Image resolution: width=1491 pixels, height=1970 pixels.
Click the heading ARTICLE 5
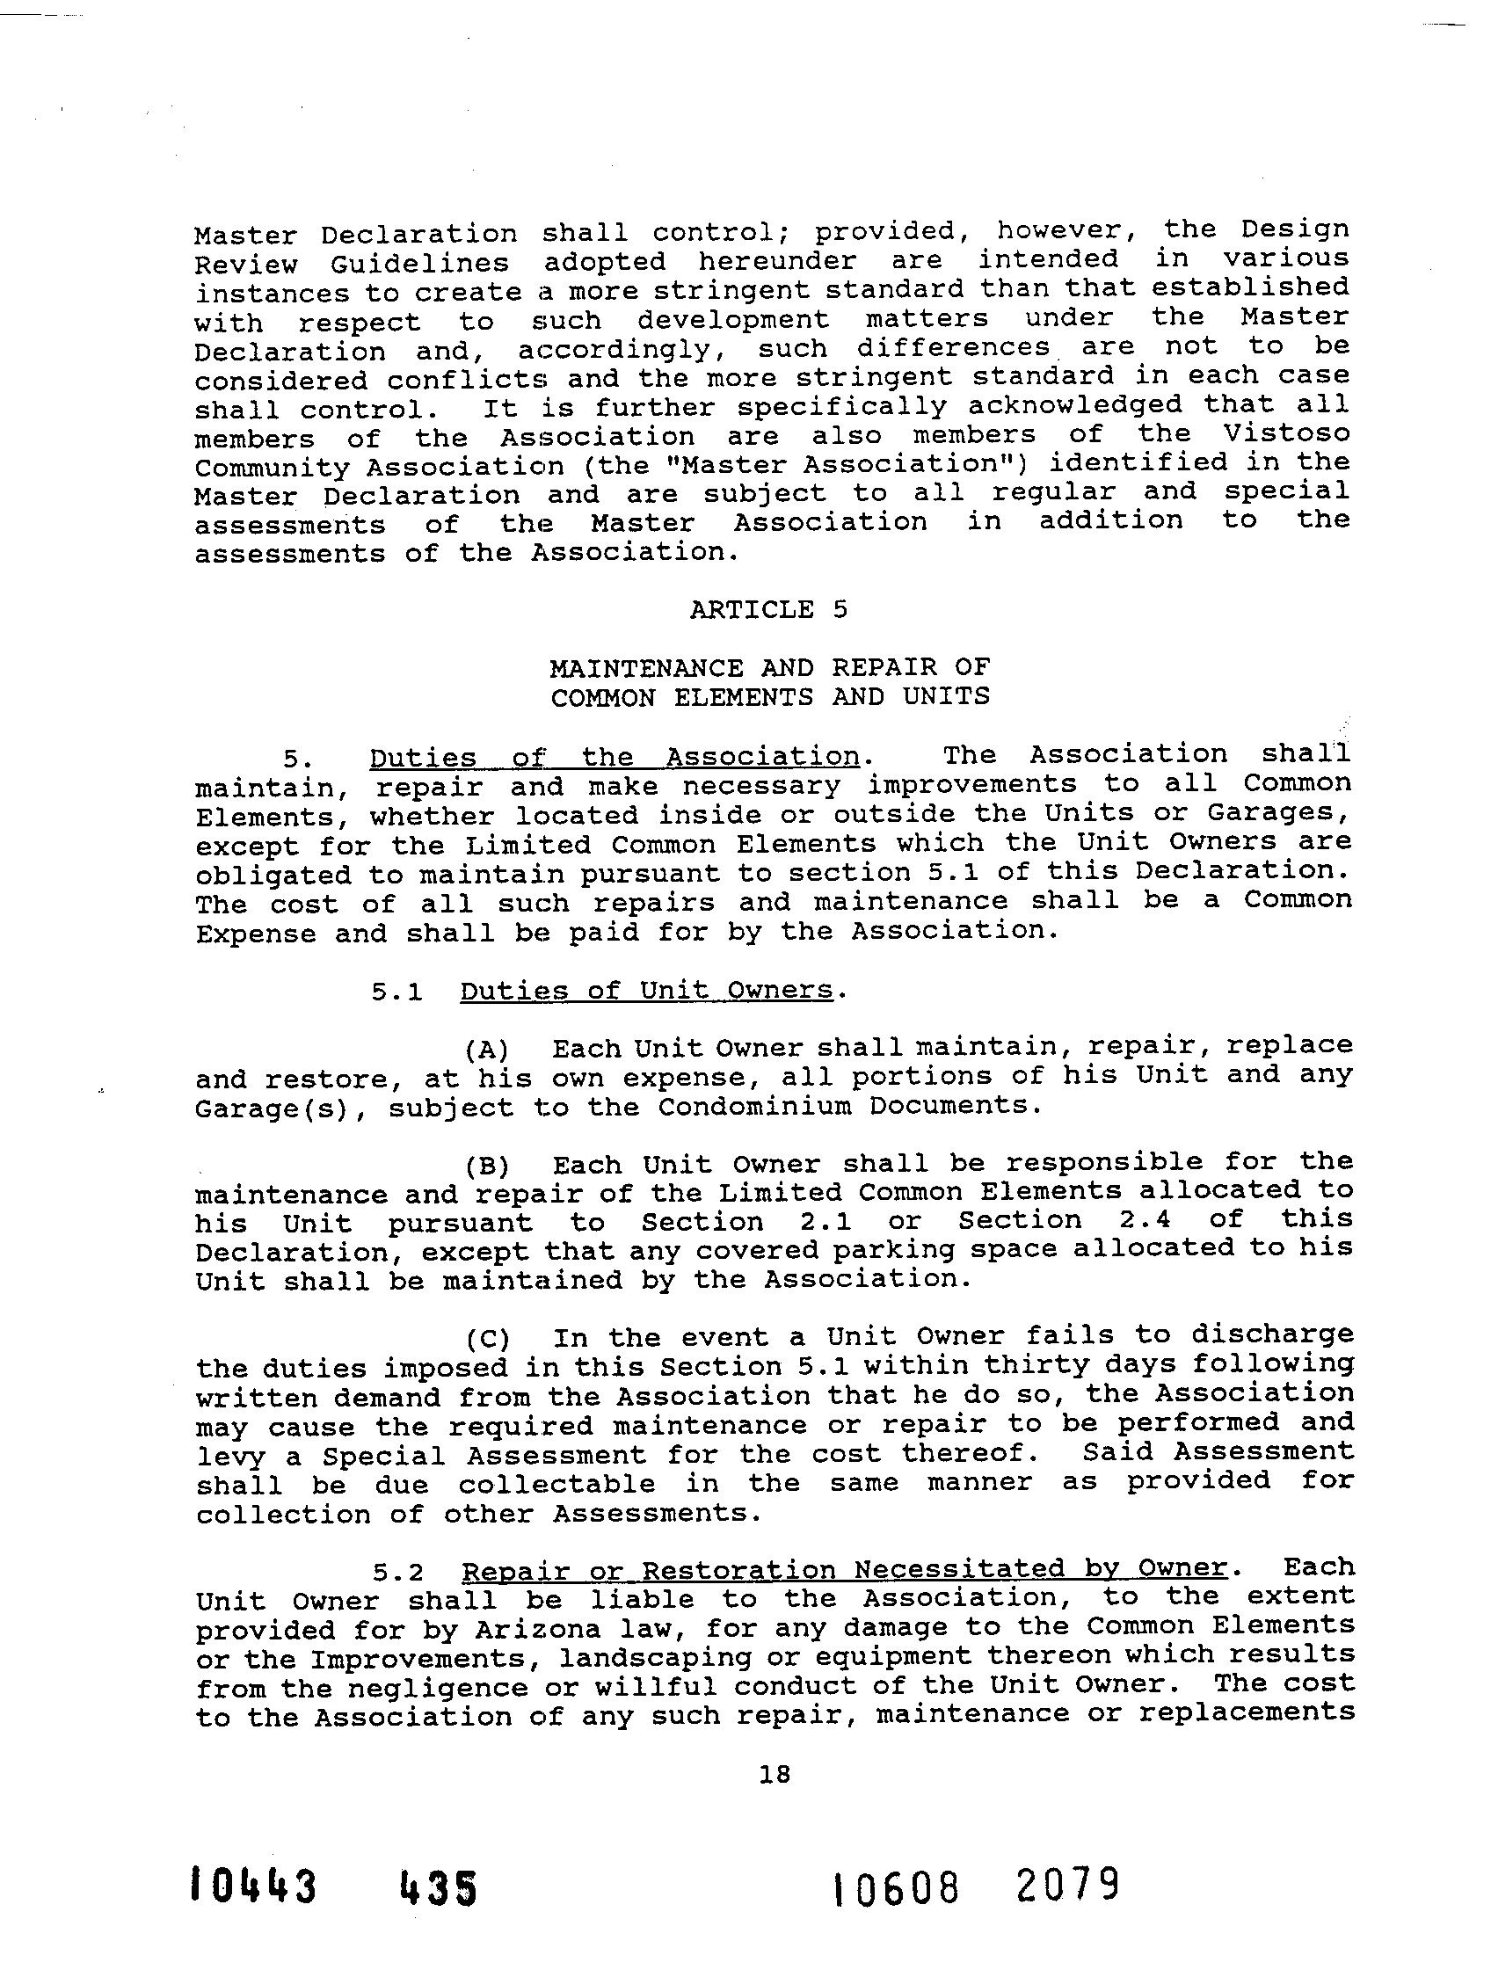(x=767, y=610)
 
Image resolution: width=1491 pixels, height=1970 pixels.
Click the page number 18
(x=774, y=1775)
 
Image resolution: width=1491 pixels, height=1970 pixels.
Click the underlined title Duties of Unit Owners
(x=647, y=991)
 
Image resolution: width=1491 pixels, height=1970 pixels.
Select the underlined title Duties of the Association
(x=614, y=757)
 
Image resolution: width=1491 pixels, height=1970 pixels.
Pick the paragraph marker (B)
(x=486, y=1166)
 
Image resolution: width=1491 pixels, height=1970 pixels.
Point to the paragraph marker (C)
(x=486, y=1340)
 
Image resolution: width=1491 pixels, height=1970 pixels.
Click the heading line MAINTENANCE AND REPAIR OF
(x=769, y=668)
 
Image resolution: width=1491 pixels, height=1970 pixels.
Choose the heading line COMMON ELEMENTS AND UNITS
(x=769, y=696)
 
